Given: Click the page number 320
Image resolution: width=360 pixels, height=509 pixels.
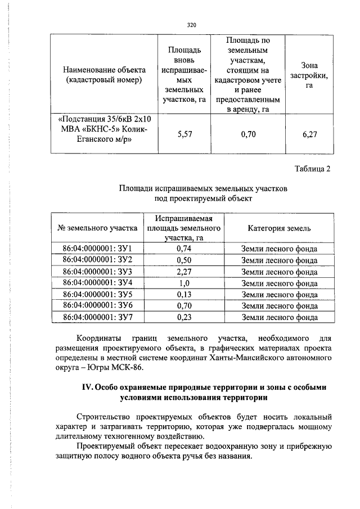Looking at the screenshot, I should point(191,25).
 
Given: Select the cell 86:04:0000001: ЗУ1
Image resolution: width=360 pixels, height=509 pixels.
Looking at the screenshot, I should point(97,249).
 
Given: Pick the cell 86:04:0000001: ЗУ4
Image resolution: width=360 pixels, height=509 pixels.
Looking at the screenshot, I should point(97,282).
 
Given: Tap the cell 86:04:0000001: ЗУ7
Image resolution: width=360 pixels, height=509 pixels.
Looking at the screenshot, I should point(97,317).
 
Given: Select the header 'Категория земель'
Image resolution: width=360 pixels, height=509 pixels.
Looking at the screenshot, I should point(279,228).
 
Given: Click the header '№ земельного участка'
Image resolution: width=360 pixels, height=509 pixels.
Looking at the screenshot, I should point(97,228).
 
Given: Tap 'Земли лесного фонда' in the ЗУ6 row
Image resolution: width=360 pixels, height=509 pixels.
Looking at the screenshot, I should point(279,305).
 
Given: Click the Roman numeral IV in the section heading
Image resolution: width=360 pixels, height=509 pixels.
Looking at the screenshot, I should point(88,388).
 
